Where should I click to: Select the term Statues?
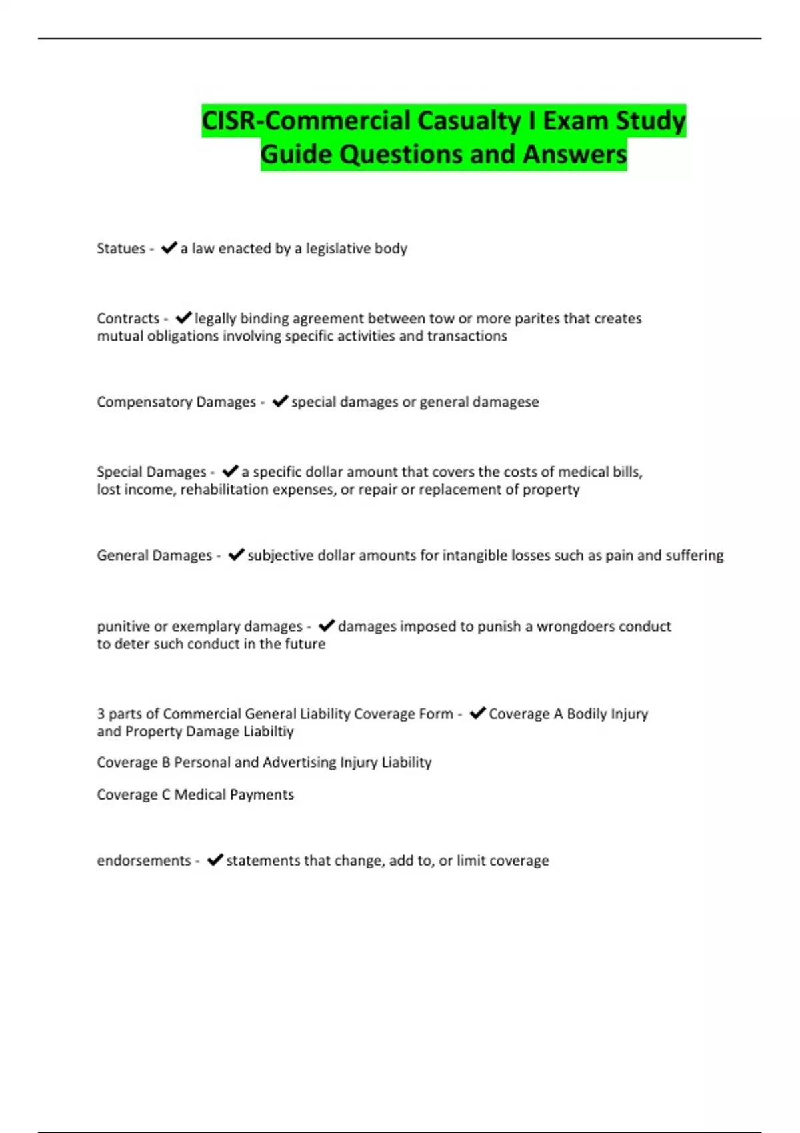tap(121, 249)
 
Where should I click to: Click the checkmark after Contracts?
tap(183, 318)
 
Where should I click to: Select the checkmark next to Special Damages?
tap(230, 471)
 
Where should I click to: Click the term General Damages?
tap(154, 555)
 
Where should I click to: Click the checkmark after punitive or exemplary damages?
tap(327, 626)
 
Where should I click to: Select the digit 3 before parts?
tap(101, 714)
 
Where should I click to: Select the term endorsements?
tap(144, 860)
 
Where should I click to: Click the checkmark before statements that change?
tap(215, 860)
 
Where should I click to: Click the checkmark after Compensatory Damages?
tap(280, 401)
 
